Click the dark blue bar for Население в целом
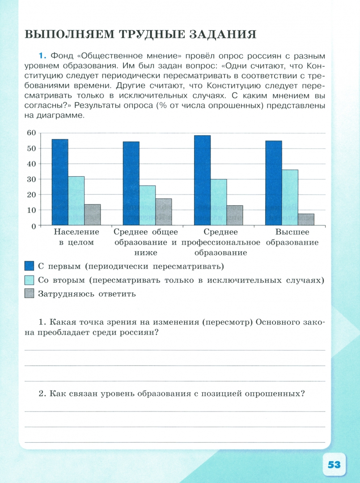60,182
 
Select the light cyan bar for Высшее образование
290,198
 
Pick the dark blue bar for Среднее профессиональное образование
202,180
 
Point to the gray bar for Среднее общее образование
163,212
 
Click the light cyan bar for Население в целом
76,201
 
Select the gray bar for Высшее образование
306,220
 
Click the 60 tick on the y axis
31,132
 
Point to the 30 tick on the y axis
31,179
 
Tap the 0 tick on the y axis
33,226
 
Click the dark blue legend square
29,266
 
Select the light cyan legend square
29,280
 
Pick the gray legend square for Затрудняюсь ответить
29,294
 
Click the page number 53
334,464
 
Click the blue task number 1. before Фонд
42,56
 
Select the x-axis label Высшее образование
292,237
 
